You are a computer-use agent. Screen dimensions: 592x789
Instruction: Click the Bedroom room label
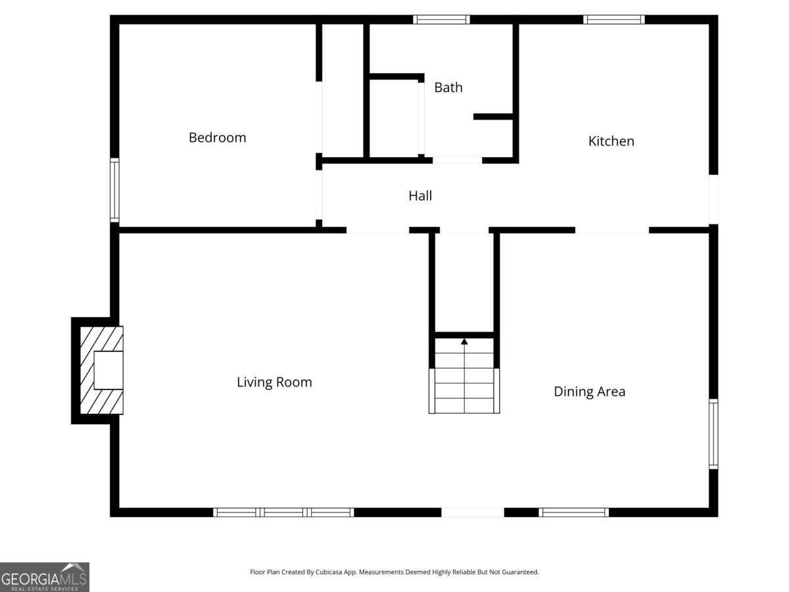[217, 137]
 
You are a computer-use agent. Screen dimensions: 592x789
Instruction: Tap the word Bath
[448, 87]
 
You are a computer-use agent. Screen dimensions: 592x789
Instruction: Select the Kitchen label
[611, 141]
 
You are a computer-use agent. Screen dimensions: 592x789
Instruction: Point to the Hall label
[420, 195]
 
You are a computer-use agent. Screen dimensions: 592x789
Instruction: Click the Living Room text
[274, 382]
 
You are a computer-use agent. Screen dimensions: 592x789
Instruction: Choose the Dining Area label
[589, 392]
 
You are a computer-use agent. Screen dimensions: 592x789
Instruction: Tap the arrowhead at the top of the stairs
[464, 341]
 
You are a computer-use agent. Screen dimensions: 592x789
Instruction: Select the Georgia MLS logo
[45, 577]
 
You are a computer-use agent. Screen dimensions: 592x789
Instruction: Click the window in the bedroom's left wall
[114, 191]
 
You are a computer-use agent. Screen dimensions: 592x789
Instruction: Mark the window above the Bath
[441, 20]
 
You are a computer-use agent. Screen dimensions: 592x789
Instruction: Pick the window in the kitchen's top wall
[613, 20]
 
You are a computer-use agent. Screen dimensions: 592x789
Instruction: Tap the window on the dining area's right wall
[713, 433]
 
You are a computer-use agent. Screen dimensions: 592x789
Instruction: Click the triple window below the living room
[284, 512]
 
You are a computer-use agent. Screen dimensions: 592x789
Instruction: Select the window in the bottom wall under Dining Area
[573, 512]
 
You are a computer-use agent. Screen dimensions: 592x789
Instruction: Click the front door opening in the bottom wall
[472, 512]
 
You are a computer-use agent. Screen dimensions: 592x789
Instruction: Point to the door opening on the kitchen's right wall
[713, 199]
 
